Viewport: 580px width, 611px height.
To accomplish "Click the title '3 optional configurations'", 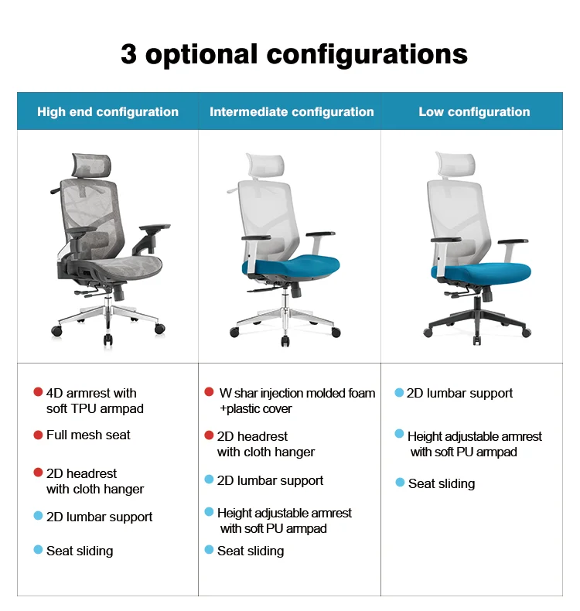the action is pos(294,55).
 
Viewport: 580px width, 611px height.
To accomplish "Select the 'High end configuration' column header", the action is pos(108,112).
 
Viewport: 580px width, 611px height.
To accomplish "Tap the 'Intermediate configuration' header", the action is pos(292,112).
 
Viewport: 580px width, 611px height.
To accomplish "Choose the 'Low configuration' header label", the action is pos(474,112).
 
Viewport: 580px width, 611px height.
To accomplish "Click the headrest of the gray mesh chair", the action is pos(91,165).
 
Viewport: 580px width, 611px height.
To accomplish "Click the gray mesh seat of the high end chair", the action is pos(121,268).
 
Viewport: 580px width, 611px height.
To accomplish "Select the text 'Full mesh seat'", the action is pos(88,435).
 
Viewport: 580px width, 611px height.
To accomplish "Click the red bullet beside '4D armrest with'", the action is pos(38,392).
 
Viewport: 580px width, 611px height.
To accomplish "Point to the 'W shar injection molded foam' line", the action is pos(297,393).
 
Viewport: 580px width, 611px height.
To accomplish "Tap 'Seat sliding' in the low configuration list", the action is pos(442,483).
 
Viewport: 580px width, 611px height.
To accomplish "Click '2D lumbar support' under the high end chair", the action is pos(99,517).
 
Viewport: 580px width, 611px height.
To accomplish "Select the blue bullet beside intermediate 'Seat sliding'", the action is pos(209,550).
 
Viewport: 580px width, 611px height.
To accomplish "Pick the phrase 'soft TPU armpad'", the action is pos(95,409).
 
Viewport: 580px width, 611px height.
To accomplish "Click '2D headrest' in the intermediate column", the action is pos(252,436).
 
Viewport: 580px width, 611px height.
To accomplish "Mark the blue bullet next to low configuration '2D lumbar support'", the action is pos(399,392).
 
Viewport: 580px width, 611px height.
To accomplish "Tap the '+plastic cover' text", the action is pos(256,409).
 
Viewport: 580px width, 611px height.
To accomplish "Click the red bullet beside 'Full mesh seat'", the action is pos(38,435).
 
